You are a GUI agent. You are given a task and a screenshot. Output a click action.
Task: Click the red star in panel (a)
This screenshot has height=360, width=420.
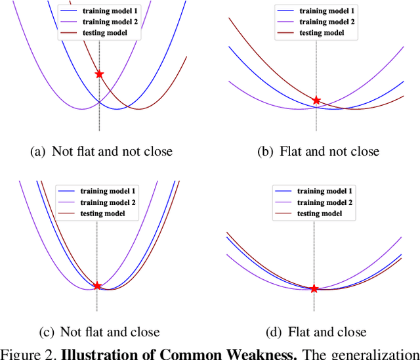coord(99,74)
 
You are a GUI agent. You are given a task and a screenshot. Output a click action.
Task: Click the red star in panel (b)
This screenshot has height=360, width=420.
coord(316,101)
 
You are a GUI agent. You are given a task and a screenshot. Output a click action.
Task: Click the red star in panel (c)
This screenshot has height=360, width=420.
coord(97,286)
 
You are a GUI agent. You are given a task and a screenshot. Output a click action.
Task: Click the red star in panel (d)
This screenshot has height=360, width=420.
coord(314,288)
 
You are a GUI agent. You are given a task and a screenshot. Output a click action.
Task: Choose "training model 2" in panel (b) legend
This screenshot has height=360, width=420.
coord(327,22)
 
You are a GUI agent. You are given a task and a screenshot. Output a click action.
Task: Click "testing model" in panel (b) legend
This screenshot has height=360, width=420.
coord(322,33)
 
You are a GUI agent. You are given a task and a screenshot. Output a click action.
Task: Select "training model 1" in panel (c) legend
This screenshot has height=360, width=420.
coord(108,191)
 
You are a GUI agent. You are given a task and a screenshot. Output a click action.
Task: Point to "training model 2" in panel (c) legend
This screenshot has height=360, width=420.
coord(108,202)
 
